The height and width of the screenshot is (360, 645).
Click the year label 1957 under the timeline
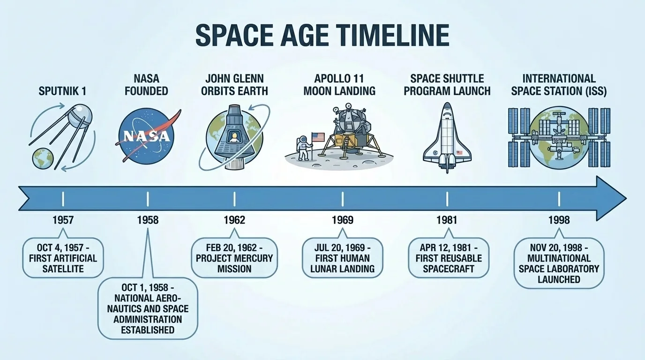coord(63,220)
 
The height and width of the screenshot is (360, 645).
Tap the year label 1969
coord(342,220)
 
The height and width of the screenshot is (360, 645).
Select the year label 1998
coord(559,220)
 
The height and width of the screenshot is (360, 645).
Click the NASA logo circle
coord(146,135)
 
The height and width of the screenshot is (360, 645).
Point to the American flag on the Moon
coord(318,137)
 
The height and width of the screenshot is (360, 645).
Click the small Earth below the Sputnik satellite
coord(42,158)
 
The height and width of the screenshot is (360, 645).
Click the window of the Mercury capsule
coord(233,137)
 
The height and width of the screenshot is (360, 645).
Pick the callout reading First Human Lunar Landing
coord(342,257)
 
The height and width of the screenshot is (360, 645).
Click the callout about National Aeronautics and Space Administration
coord(148,308)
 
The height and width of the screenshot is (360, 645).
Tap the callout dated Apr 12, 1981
coord(448,257)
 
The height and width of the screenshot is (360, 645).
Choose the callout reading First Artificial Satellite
coord(63,257)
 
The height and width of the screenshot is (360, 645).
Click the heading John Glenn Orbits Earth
coord(234,84)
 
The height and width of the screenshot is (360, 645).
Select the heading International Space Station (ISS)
coord(559,84)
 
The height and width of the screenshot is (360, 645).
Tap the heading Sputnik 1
coord(62,90)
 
